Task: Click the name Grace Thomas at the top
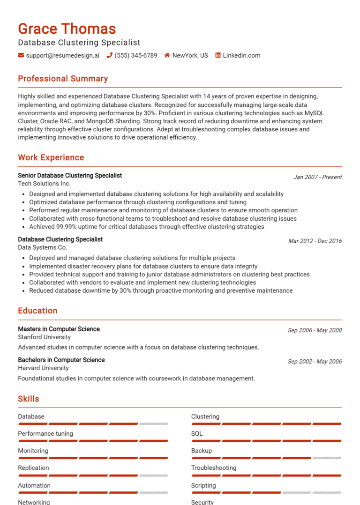[67, 29]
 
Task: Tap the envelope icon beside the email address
[21, 55]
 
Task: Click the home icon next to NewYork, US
[167, 55]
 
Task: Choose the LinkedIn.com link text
[241, 55]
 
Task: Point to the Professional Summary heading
[63, 79]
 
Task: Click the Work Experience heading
[51, 157]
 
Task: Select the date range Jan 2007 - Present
[317, 177]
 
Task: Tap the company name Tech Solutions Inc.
[44, 184]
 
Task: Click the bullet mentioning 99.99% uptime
[147, 227]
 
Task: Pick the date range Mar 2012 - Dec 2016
[315, 241]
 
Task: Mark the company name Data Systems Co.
[43, 247]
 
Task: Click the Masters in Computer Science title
[59, 329]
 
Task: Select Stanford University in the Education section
[45, 337]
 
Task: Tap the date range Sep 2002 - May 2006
[315, 361]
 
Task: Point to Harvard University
[43, 368]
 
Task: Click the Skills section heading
[29, 399]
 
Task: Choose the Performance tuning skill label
[45, 433]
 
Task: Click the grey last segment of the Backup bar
[327, 458]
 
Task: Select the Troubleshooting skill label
[214, 468]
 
